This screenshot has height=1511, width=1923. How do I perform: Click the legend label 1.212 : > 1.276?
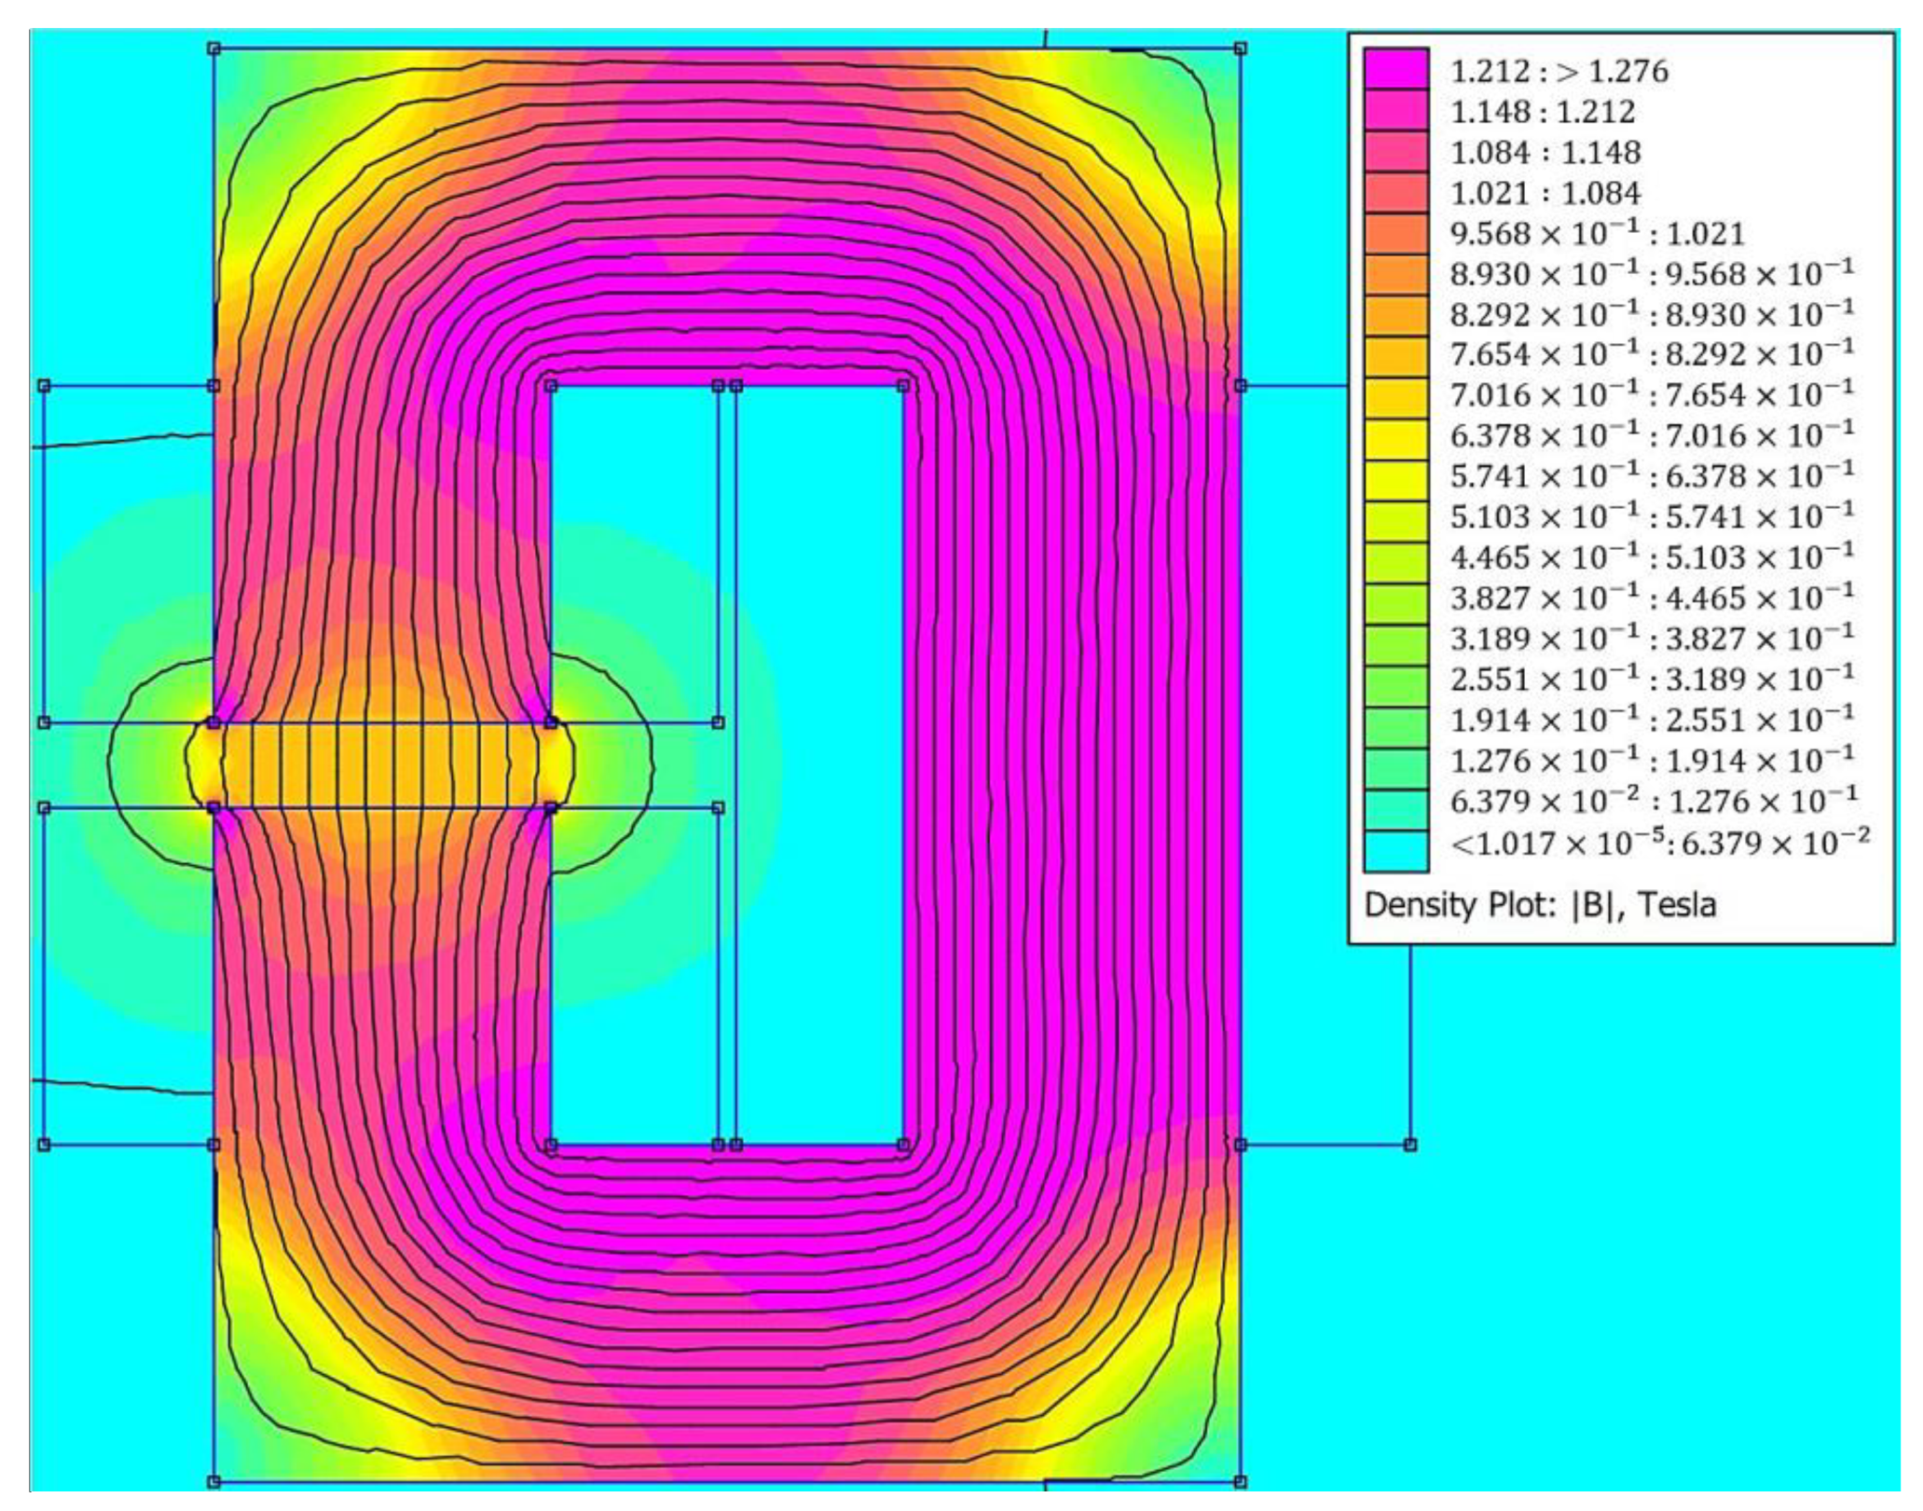(x=1559, y=72)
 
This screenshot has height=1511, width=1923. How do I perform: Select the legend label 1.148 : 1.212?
(x=1542, y=112)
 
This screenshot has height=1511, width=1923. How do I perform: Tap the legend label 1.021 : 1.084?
(x=1545, y=193)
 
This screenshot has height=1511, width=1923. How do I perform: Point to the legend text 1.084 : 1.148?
(x=1545, y=152)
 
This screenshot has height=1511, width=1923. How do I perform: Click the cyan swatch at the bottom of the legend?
(x=1395, y=850)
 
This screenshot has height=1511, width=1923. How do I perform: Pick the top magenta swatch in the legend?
(x=1395, y=68)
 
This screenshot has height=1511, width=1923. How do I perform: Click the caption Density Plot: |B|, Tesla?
(x=1540, y=905)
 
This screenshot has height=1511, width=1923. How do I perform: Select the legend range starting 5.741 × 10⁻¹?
(x=1651, y=475)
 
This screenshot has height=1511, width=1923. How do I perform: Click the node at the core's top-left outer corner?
(x=213, y=48)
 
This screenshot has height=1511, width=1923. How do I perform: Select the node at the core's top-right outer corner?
(x=1240, y=48)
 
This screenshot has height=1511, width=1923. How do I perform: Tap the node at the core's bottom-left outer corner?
(x=213, y=1481)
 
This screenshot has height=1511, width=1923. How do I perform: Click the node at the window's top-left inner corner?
(x=551, y=385)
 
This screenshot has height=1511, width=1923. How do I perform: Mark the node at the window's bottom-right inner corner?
(x=903, y=1144)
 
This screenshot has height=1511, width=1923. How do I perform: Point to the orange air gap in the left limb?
(x=382, y=765)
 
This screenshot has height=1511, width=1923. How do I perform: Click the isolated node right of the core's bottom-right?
(x=1409, y=1144)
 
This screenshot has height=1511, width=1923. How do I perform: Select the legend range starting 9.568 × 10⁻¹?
(x=1596, y=234)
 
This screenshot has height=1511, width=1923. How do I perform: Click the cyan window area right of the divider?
(x=820, y=764)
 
